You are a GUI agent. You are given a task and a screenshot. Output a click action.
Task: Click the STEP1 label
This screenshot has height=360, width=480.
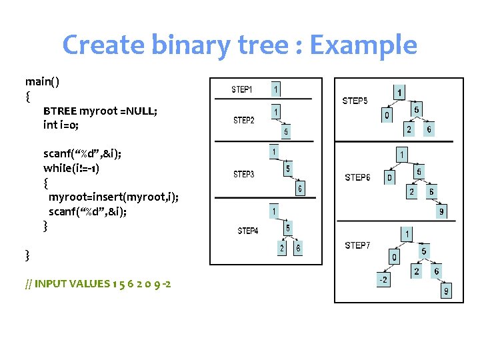point(241,89)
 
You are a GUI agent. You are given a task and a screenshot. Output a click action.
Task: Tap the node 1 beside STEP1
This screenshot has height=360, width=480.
point(276,89)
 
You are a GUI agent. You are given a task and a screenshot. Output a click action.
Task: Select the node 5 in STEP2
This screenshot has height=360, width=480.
point(286,132)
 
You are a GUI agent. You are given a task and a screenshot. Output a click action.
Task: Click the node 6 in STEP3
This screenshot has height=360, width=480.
point(300,189)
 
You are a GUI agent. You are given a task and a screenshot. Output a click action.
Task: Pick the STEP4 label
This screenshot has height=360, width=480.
point(248,231)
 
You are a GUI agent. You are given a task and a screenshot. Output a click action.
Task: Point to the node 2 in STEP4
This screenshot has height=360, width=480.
point(283,248)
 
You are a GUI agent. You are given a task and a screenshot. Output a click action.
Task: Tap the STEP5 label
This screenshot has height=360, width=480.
point(355,101)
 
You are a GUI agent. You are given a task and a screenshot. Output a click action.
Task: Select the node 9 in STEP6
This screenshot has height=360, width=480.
point(441,213)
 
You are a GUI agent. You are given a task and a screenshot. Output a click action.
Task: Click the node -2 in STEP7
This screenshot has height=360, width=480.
point(383,281)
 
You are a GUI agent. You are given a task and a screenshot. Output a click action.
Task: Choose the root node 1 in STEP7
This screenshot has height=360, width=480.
point(407,234)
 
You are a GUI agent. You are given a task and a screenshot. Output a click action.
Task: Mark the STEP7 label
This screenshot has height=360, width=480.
point(357,245)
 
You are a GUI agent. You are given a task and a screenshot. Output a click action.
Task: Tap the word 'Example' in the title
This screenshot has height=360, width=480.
point(363,45)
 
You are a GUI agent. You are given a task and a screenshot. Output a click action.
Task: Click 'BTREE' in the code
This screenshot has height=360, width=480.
point(60,111)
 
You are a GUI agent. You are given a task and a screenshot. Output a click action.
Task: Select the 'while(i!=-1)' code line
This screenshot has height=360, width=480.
point(71,167)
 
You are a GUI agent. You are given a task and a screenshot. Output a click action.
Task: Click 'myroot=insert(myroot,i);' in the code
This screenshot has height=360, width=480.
point(113,197)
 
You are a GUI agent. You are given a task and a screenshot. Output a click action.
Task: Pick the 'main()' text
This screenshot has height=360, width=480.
point(42,81)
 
